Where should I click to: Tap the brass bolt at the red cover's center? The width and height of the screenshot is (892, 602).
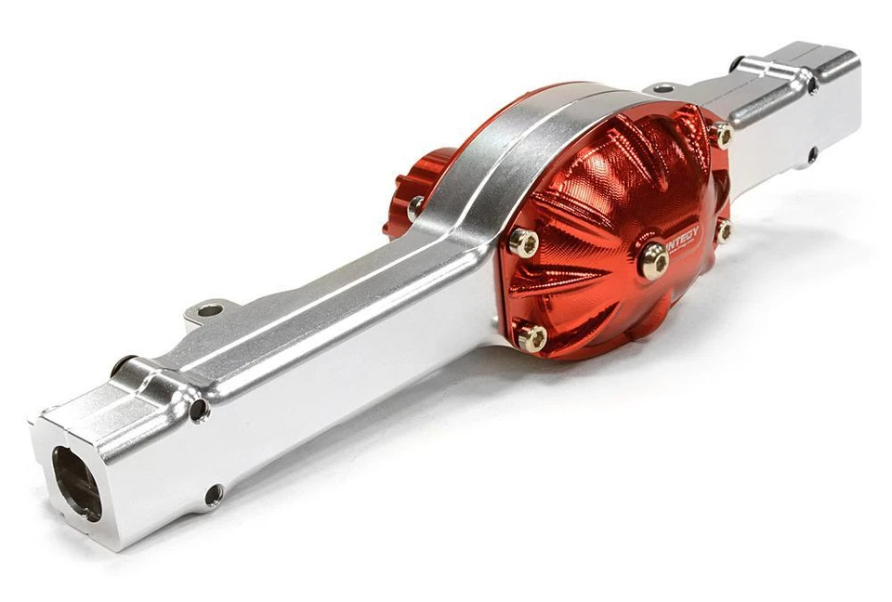653,261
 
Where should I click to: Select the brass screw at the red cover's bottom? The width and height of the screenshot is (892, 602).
532,338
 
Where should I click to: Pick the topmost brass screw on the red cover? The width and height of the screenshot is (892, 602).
722,136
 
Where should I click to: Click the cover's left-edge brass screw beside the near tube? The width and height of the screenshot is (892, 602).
524,243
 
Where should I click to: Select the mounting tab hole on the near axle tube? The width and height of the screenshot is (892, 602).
210,310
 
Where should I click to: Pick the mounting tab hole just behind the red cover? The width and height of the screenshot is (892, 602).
662,88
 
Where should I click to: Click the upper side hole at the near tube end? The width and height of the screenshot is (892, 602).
198,409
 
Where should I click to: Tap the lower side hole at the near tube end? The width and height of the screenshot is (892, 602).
214,494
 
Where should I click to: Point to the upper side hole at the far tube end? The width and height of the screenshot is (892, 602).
812,85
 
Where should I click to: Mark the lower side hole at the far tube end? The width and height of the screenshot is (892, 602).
812,154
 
